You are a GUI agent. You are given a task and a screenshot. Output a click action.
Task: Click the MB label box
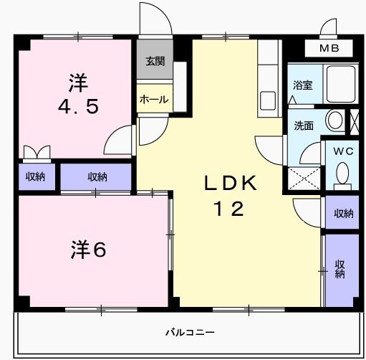pos(329,48)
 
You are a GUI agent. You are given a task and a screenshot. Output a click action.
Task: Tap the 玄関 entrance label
pos(155,62)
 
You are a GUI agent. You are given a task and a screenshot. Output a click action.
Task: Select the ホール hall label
pos(154,99)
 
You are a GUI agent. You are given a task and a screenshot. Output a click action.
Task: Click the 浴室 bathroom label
pos(303,85)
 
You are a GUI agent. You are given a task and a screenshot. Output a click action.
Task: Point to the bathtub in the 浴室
pos(341,84)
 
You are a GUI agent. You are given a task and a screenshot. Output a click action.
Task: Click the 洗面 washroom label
pos(304,125)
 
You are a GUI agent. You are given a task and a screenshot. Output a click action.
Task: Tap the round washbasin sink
pos(335,120)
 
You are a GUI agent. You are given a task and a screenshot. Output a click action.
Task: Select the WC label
pos(343,151)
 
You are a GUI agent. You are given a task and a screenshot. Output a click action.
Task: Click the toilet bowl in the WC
pos(342,174)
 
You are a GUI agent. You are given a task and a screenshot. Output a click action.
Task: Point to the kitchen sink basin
pos(268,100)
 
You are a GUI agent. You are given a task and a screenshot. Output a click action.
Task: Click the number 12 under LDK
pos(229,209)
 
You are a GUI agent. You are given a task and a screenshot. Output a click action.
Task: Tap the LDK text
pos(231,183)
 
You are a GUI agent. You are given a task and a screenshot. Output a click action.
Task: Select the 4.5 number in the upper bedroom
pos(78,107)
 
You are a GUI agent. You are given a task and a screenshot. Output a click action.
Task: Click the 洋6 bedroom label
pos(88,250)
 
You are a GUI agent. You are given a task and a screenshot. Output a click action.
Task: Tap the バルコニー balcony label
pos(190,332)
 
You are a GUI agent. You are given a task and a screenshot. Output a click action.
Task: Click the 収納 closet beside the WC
pos(342,212)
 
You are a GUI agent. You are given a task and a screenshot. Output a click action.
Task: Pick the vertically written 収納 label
pos(340,269)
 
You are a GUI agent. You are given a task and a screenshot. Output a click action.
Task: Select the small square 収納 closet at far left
pos(37,176)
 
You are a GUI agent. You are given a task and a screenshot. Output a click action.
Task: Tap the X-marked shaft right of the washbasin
pos(355,122)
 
